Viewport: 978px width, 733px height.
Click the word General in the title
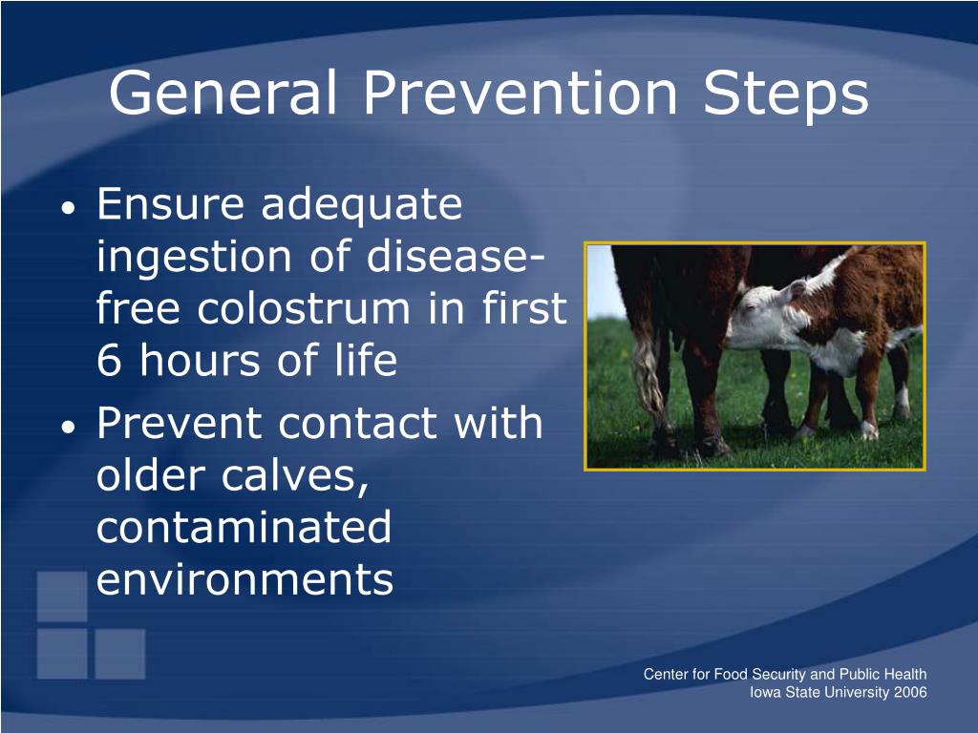(x=223, y=93)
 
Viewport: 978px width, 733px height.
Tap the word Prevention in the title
(x=521, y=93)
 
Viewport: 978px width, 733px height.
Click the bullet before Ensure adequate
(x=69, y=207)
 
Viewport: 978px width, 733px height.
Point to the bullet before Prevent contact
(x=69, y=427)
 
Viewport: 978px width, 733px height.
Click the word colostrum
(x=304, y=308)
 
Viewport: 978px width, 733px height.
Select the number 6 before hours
(x=109, y=360)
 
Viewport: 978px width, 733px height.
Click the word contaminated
(x=244, y=527)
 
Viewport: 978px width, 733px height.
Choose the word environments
(x=245, y=579)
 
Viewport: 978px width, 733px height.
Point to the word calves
(x=294, y=477)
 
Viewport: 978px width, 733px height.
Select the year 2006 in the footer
(x=910, y=692)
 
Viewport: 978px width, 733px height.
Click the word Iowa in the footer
(x=765, y=692)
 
